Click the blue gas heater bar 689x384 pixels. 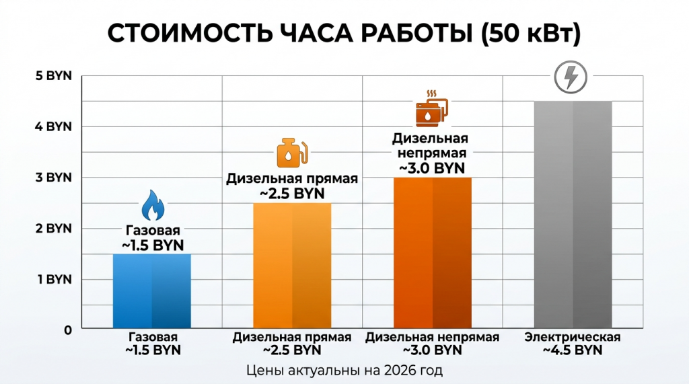151,291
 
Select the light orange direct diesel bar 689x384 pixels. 292,266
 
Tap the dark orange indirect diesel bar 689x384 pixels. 432,254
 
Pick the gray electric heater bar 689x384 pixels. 573,215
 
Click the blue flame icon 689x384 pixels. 152,205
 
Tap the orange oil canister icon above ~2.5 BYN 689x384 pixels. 293,154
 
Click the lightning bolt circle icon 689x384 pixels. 570,78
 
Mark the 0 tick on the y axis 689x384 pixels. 67,330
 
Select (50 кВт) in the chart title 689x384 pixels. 531,34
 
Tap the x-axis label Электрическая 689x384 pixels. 573,337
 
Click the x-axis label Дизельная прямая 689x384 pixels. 292,337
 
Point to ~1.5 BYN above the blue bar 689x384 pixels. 152,245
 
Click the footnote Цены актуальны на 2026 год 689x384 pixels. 344,370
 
